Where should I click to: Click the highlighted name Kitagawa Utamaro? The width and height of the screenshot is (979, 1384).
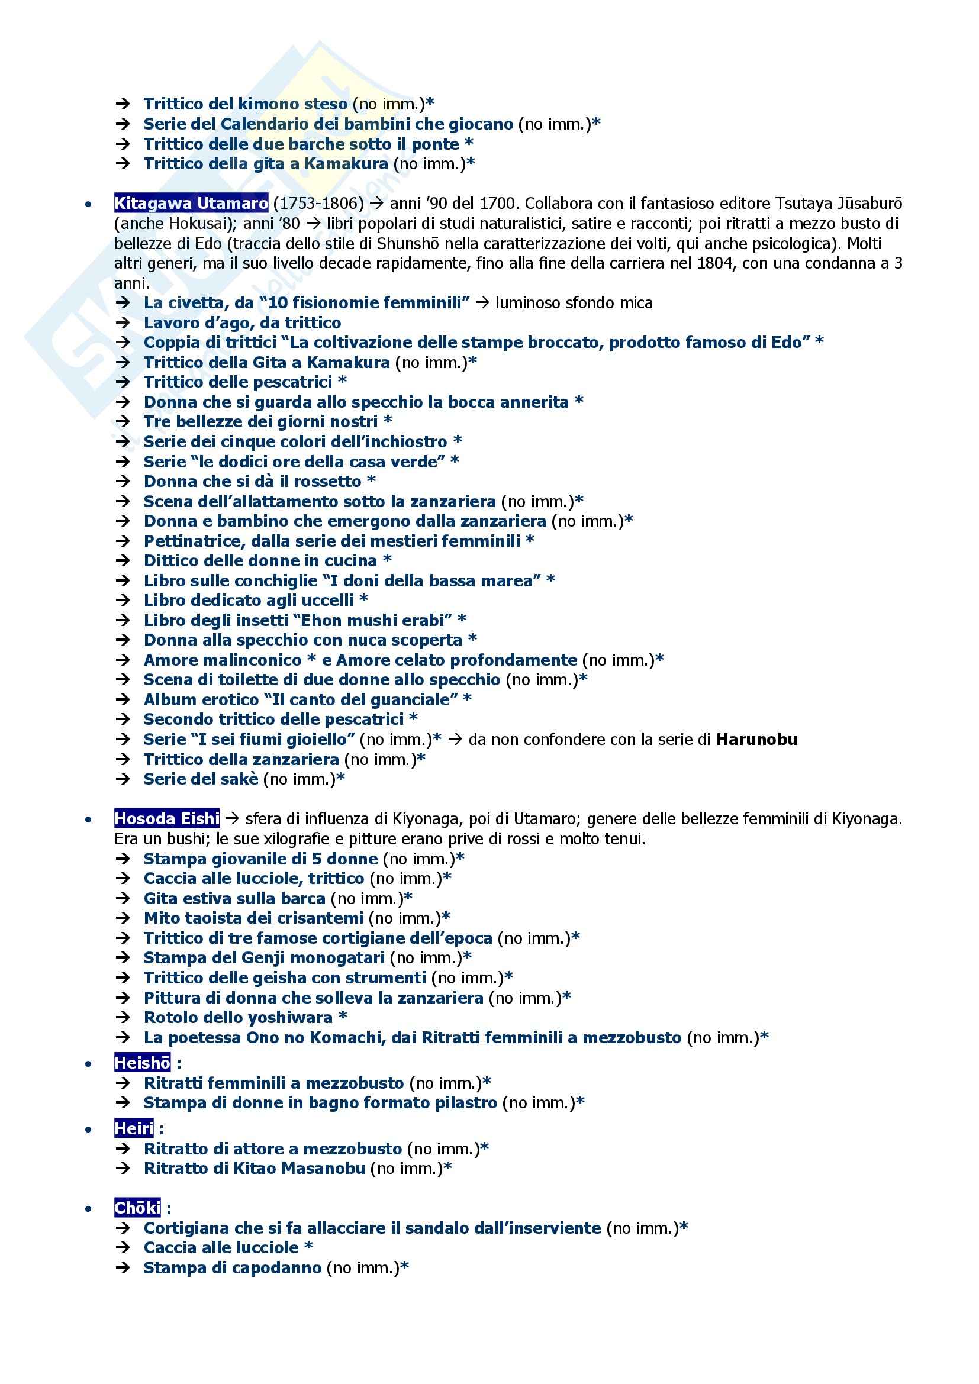coord(191,204)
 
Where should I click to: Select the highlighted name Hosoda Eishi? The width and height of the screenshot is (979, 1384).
coord(166,818)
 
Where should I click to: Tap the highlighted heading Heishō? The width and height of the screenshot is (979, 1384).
coord(142,1063)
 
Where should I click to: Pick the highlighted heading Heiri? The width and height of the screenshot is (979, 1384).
coord(134,1128)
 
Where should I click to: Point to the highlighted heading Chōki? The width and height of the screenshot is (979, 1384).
coord(137,1208)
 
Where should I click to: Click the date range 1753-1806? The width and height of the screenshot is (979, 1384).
coord(319,204)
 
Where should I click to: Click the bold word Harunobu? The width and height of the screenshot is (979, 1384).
coord(756,740)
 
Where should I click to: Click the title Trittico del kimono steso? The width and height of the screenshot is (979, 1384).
coord(246,104)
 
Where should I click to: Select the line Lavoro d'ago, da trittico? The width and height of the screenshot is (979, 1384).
coord(241,323)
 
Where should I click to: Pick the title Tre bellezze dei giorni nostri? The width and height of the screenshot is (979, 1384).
coord(260,421)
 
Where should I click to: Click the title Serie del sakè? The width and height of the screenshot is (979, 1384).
coord(201,779)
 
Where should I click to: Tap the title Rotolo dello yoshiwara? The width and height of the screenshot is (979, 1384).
coord(238,1018)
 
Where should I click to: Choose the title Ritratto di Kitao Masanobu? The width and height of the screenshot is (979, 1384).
coord(255,1168)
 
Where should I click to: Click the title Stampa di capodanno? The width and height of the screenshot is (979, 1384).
coord(232,1267)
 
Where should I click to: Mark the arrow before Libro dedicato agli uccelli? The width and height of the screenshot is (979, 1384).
coord(123,601)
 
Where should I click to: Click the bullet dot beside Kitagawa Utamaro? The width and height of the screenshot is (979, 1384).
coord(89,204)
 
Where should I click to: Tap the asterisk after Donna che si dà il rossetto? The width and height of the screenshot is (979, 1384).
coord(371,480)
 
